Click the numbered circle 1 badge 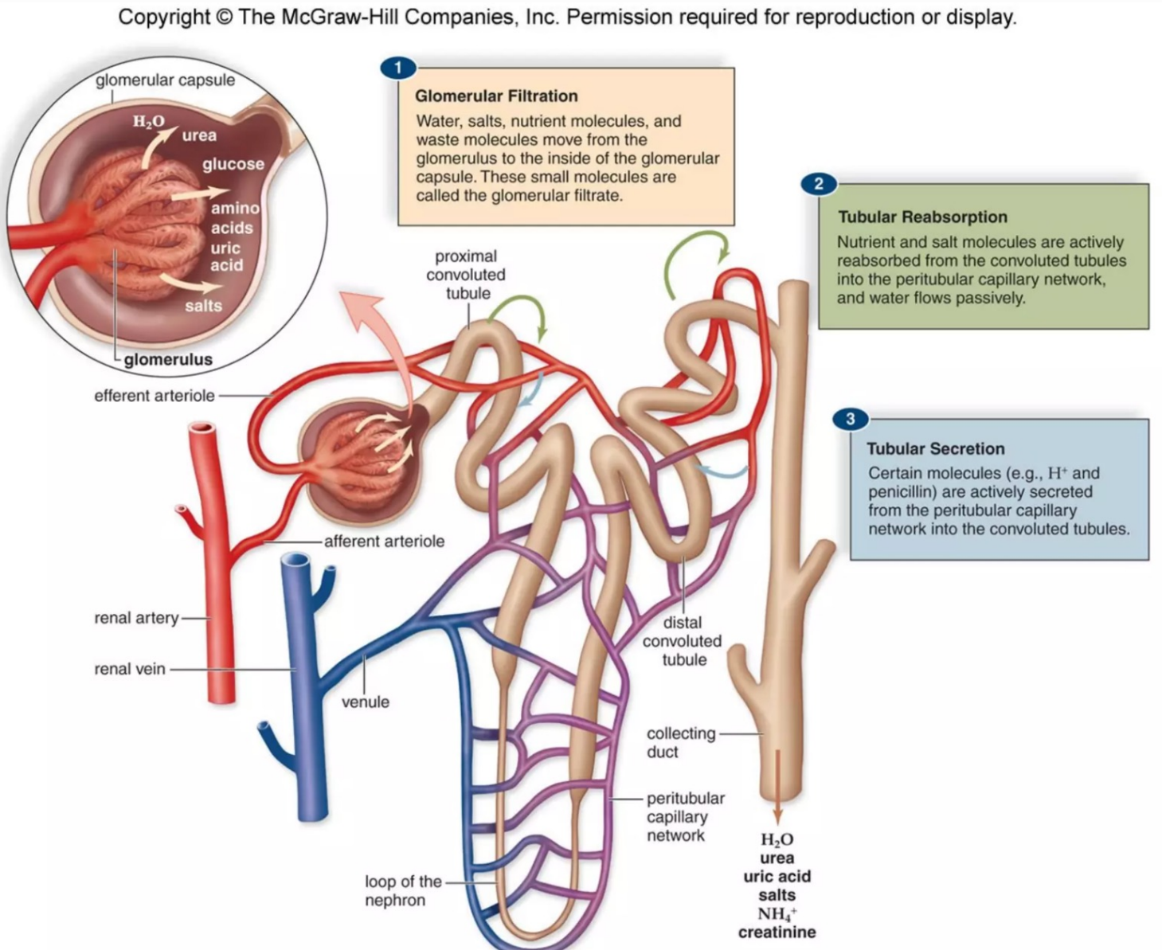398,68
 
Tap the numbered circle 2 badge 818,185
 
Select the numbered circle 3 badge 850,419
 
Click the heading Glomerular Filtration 496,96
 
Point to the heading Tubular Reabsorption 922,217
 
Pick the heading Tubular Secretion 935,448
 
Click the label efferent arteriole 155,396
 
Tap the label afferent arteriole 384,541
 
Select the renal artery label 136,618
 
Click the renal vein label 130,669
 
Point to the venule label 366,702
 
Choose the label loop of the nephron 402,891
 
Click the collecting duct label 680,742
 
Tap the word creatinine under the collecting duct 777,932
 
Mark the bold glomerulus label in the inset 168,359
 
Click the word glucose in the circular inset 233,164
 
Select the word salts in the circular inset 203,306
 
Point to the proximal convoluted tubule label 466,275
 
